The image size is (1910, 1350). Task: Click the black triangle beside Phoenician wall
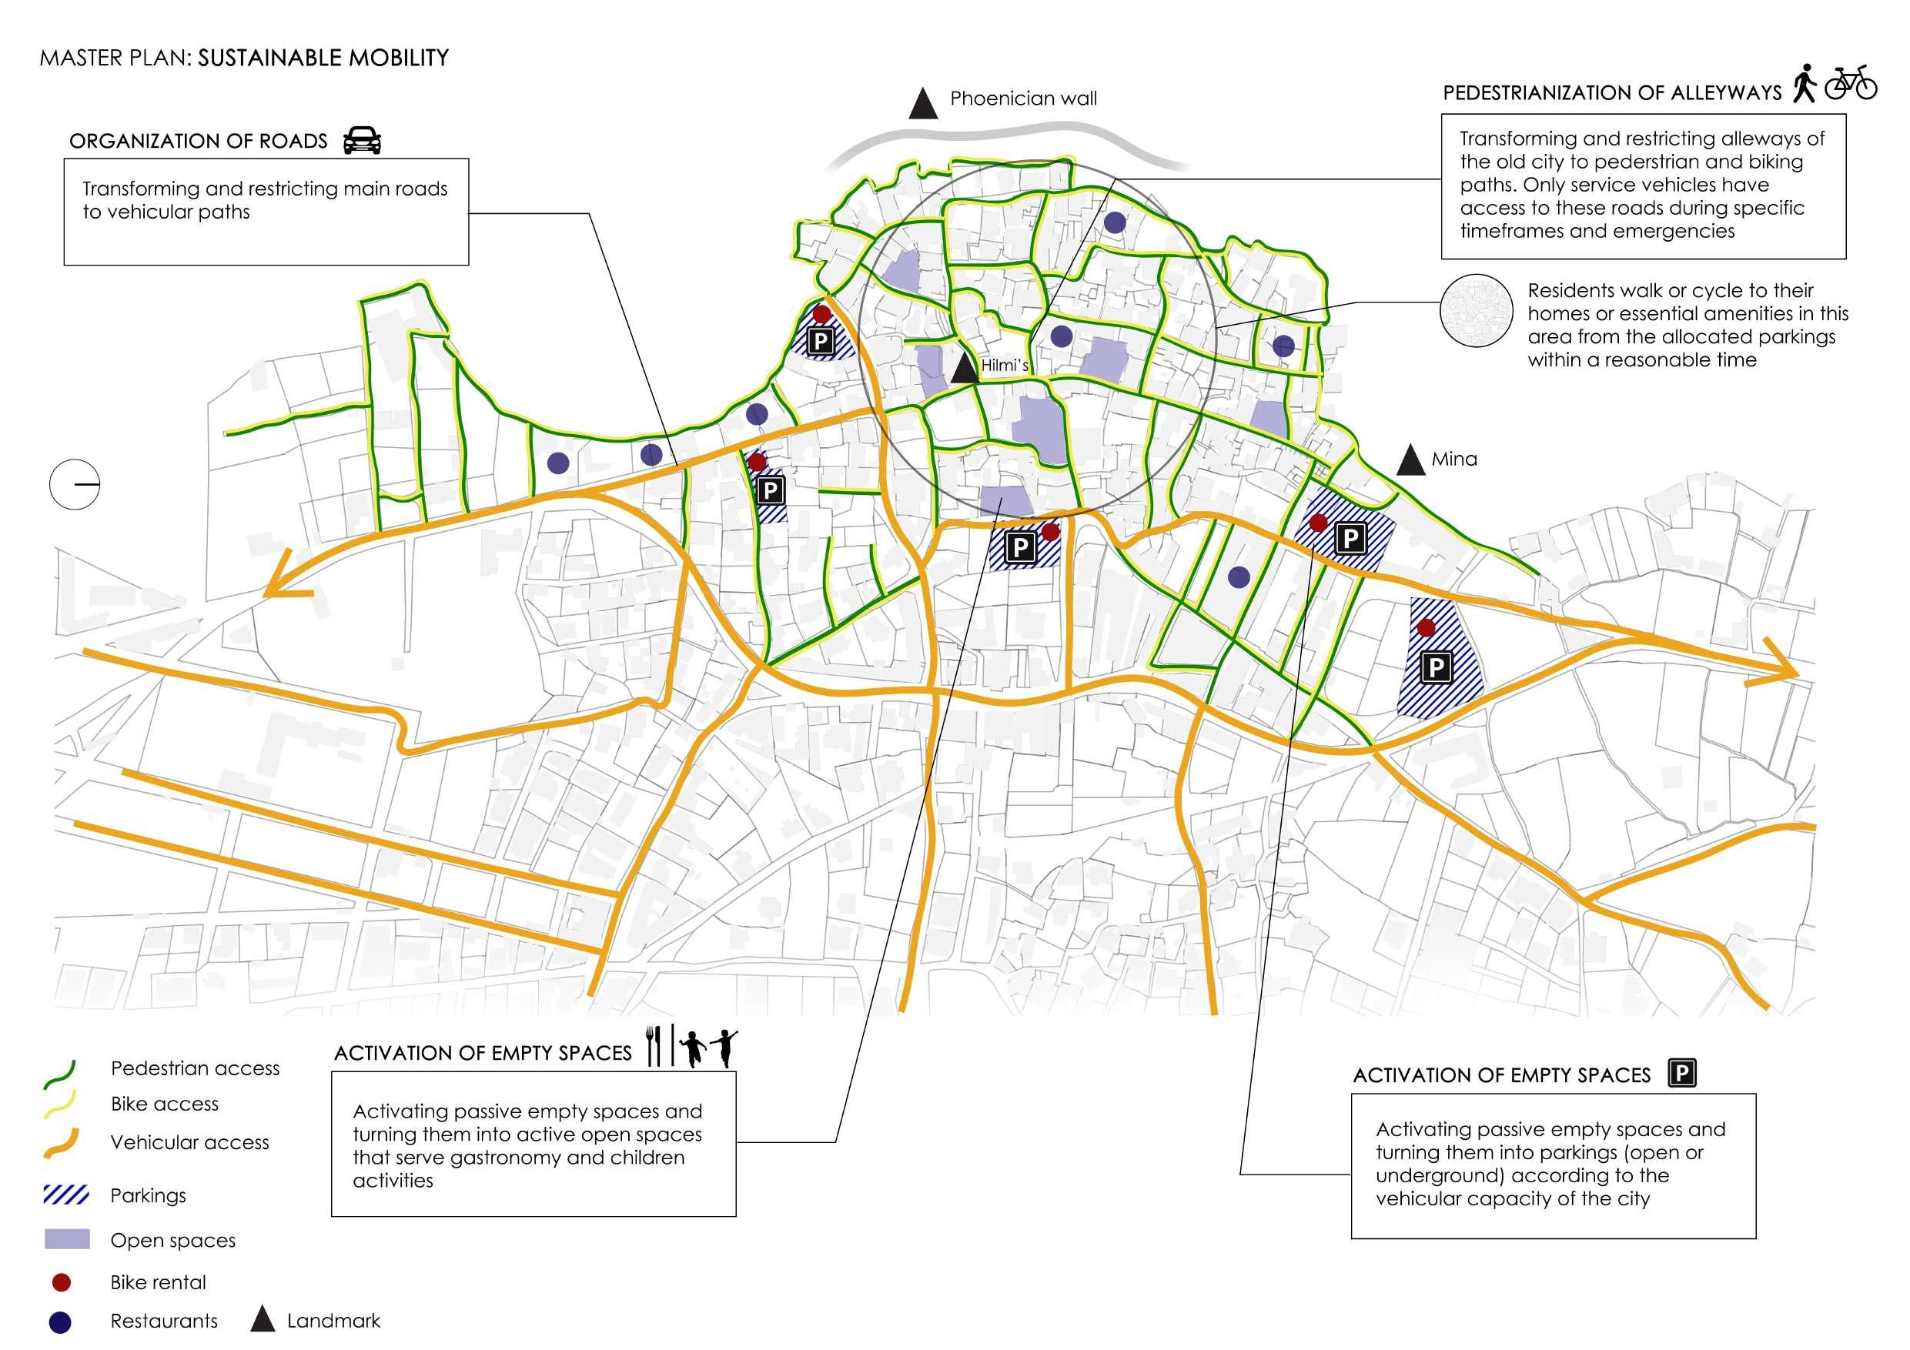point(922,104)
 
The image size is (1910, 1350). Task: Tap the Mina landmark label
point(1453,459)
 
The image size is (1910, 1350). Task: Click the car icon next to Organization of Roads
point(362,141)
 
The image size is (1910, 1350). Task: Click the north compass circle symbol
point(75,483)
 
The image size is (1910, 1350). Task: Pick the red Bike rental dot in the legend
point(61,1281)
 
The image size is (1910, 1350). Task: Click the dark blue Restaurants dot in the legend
point(61,1321)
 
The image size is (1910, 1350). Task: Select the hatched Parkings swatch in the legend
point(66,1195)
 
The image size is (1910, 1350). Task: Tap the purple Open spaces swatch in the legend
point(66,1239)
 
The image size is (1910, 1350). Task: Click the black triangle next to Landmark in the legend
point(263,1319)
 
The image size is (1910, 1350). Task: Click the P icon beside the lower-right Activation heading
point(1681,1074)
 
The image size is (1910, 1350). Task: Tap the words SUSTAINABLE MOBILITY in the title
point(323,58)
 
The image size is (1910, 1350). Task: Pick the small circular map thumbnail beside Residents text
point(1477,310)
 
